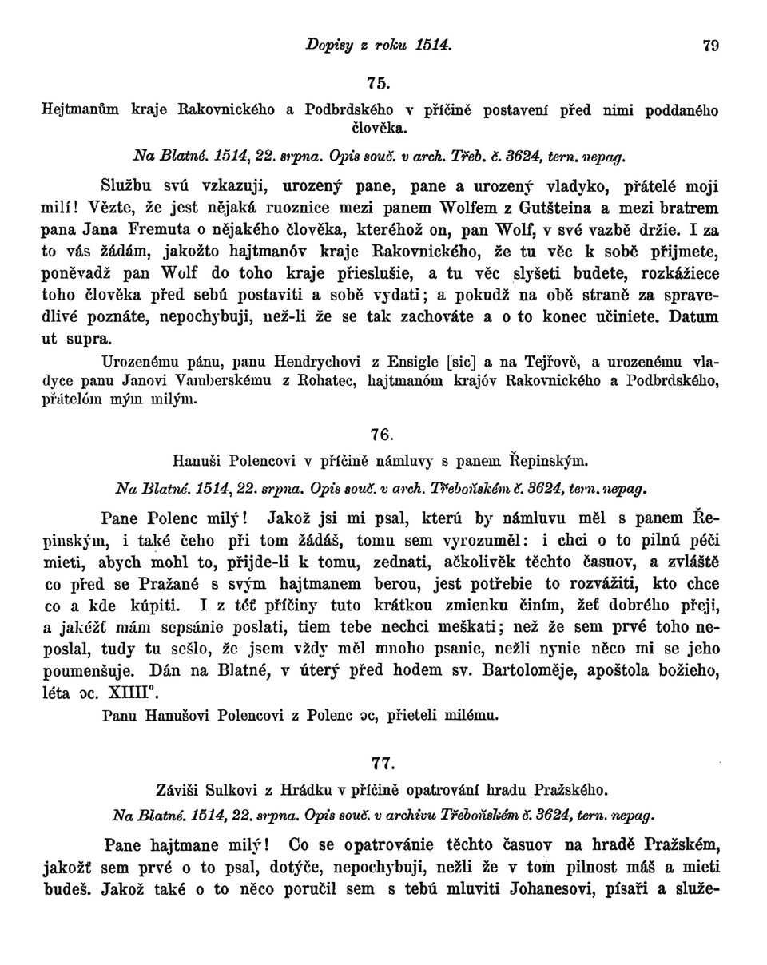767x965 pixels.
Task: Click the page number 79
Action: [x=710, y=46]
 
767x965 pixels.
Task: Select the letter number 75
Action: [x=379, y=82]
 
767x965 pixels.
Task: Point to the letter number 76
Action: [x=382, y=435]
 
